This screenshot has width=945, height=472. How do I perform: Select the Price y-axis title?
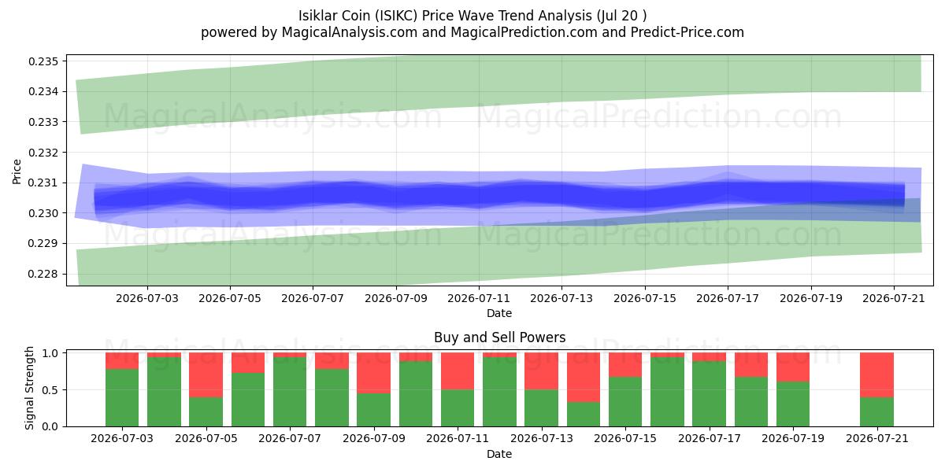click(17, 171)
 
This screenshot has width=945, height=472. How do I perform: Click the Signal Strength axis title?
click(29, 388)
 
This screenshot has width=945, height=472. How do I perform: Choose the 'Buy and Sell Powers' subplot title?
click(499, 337)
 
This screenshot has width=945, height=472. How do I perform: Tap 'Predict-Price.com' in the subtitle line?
click(687, 32)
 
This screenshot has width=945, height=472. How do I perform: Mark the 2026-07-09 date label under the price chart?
click(395, 298)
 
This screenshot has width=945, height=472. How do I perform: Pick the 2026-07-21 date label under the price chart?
click(894, 298)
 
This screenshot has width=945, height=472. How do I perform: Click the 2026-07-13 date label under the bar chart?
click(541, 438)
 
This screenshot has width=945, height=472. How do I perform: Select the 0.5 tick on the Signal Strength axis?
click(51, 390)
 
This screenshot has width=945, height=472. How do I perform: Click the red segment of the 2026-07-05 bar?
click(206, 375)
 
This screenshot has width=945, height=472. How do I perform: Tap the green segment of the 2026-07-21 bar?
click(876, 411)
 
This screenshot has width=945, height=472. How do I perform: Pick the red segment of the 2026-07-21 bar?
click(876, 375)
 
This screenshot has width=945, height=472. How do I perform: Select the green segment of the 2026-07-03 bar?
click(122, 398)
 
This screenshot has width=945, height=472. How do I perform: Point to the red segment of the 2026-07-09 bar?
click(374, 373)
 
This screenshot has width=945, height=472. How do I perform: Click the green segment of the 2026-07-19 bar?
click(793, 404)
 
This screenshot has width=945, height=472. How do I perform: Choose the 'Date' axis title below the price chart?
click(499, 313)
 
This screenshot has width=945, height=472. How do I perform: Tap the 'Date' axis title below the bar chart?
click(499, 454)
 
